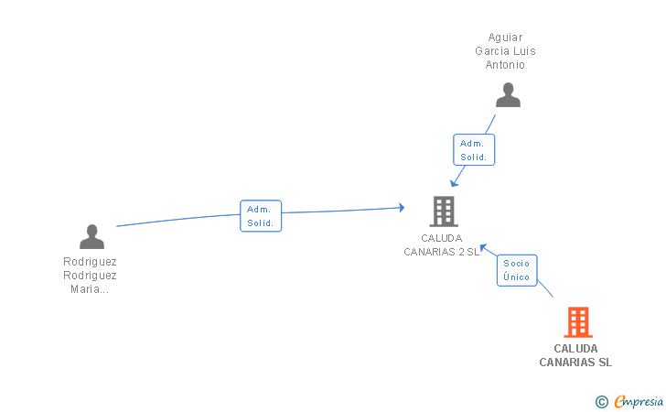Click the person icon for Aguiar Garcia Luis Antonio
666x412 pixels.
pyautogui.click(x=508, y=95)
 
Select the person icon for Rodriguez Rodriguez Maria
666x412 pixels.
pyautogui.click(x=91, y=236)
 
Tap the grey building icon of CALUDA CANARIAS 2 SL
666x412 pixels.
pyautogui.click(x=444, y=211)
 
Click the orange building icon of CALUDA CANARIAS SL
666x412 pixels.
pyautogui.click(x=577, y=322)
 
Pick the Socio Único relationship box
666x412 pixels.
pyautogui.click(x=517, y=270)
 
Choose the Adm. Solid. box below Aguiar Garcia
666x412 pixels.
pyautogui.click(x=474, y=150)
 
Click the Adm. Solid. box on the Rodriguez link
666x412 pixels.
pyautogui.click(x=260, y=216)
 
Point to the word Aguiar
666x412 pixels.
pyautogui.click(x=505, y=38)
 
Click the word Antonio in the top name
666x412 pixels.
pyautogui.click(x=506, y=65)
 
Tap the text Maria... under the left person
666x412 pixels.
pyautogui.click(x=90, y=289)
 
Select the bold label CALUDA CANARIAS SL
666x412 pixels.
pyautogui.click(x=575, y=355)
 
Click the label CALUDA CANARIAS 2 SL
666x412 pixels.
pyautogui.click(x=442, y=245)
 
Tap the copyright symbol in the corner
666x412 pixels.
pyautogui.click(x=601, y=401)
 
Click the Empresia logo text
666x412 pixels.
pyautogui.click(x=639, y=401)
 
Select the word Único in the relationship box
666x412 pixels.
pyautogui.click(x=517, y=276)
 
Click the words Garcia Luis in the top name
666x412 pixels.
pyautogui.click(x=505, y=51)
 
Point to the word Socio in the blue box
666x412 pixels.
pyautogui.click(x=517, y=264)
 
